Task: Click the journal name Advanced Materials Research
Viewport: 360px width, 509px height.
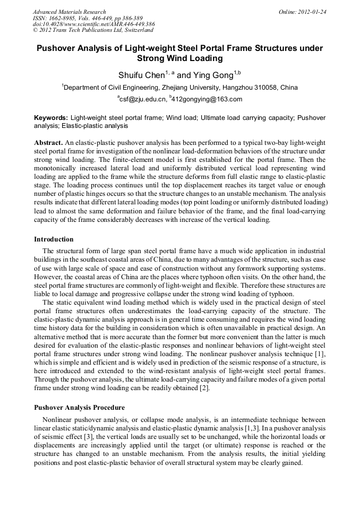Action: pos(69,12)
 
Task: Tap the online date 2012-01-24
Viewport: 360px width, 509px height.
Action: pos(312,12)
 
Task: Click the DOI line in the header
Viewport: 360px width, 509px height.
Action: pos(93,24)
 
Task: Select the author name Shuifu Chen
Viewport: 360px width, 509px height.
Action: pos(141,75)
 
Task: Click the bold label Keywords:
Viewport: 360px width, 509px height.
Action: pos(51,117)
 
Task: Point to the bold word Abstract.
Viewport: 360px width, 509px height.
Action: pos(48,143)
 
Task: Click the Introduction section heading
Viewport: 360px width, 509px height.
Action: pos(54,239)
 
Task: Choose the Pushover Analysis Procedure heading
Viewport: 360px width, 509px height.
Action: pos(79,408)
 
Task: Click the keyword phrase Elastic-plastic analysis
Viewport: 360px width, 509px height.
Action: pos(95,126)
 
